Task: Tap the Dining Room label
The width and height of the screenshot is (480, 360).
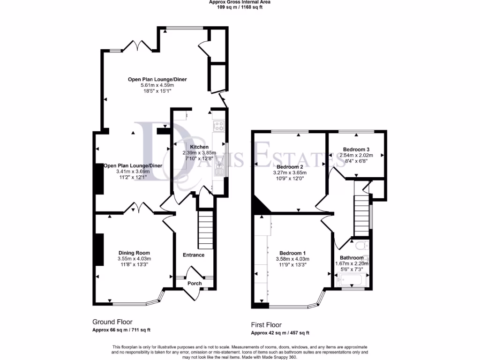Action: (134, 253)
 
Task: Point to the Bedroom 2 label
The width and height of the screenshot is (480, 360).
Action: (290, 166)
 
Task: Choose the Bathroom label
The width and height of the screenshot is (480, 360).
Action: (352, 258)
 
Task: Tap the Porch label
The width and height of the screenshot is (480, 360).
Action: (195, 284)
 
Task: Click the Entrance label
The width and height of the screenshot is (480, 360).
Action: (194, 255)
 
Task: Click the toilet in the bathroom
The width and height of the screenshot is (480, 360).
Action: (360, 245)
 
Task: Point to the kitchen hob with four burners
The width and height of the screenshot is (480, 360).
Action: (219, 126)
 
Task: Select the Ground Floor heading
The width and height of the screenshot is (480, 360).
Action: (112, 322)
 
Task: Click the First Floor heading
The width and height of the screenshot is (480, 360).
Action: (266, 325)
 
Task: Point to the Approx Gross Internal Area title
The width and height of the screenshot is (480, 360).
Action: (240, 2)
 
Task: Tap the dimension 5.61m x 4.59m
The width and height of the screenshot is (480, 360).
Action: (157, 85)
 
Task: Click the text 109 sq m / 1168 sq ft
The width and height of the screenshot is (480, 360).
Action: (240, 7)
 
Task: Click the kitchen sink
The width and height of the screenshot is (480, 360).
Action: (218, 171)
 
